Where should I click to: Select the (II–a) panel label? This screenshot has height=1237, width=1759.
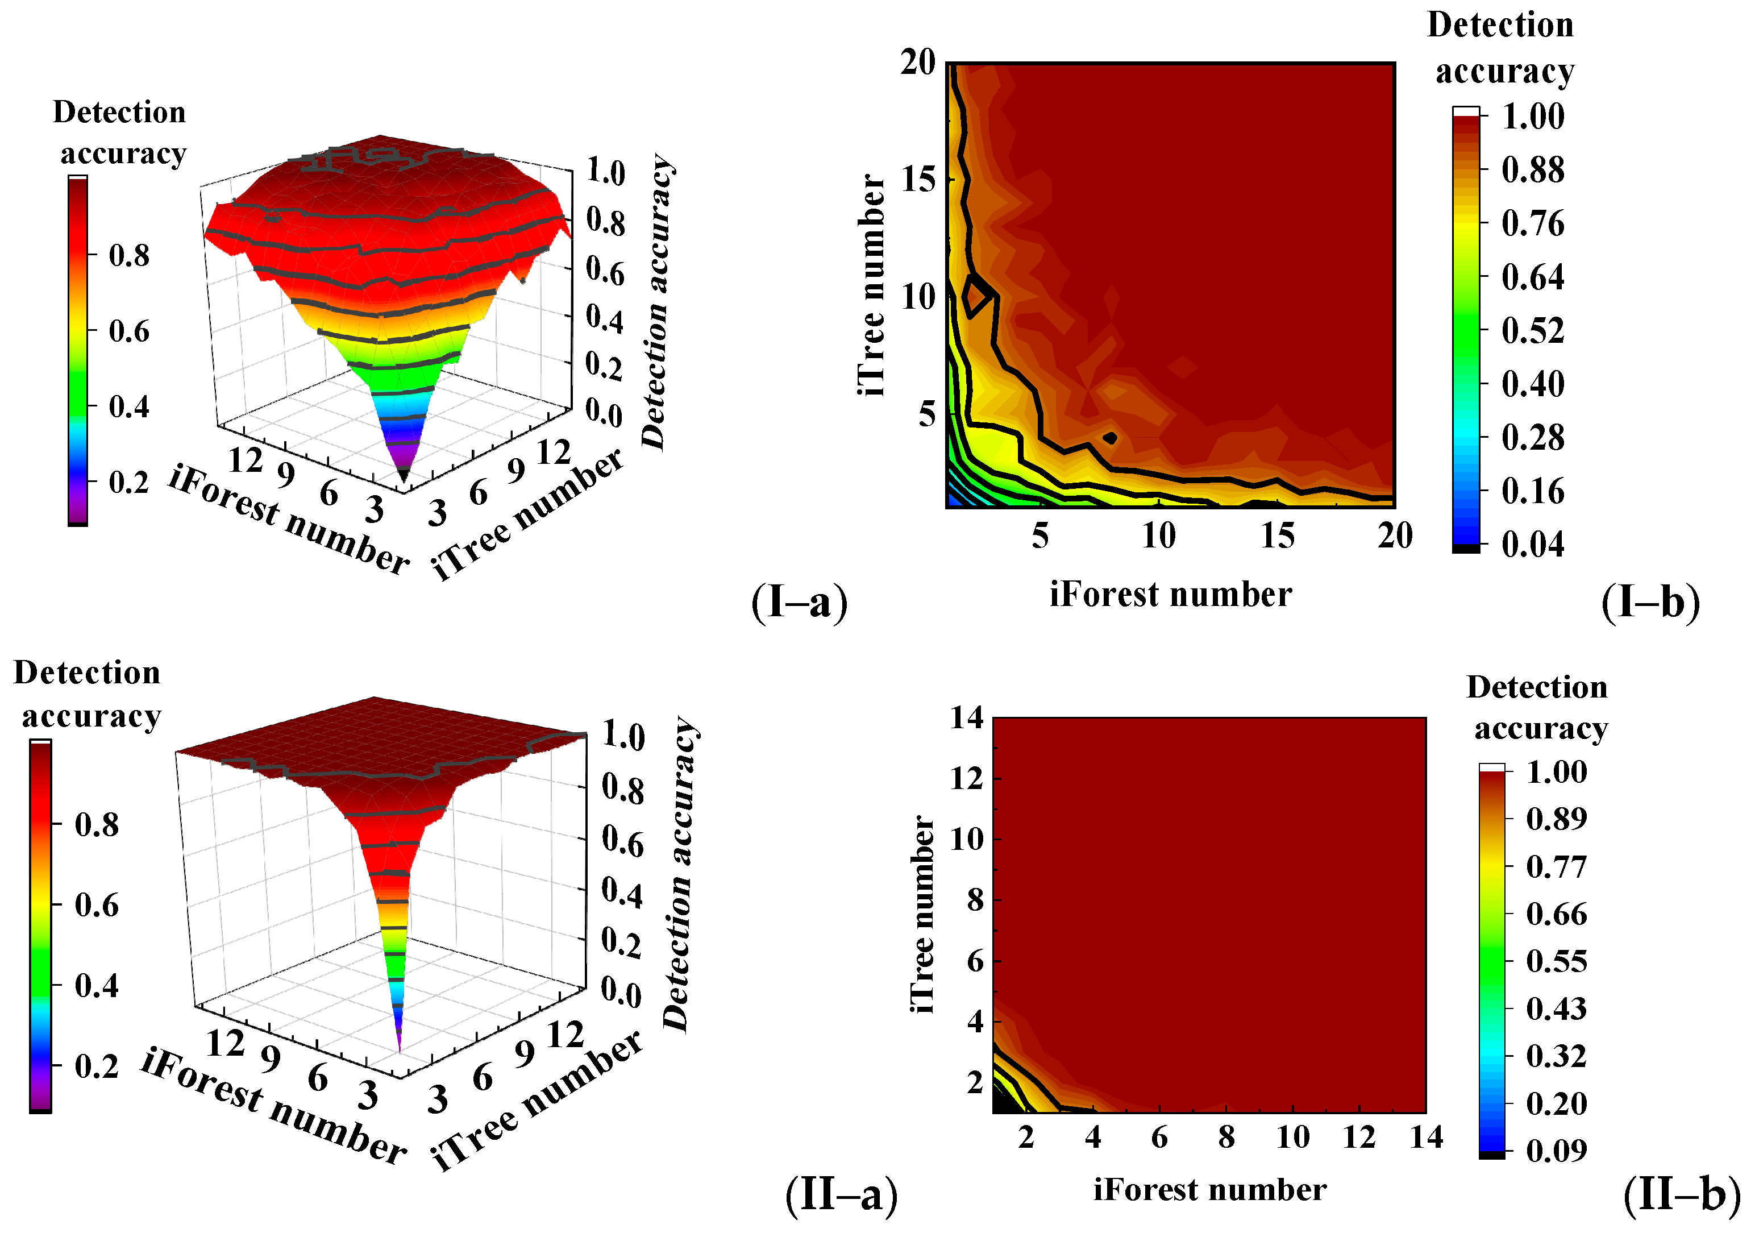click(x=841, y=1194)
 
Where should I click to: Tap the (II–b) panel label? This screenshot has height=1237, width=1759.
click(x=1682, y=1194)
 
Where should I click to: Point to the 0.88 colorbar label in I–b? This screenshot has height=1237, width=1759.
click(x=1532, y=169)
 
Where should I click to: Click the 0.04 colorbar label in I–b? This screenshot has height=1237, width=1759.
click(x=1532, y=544)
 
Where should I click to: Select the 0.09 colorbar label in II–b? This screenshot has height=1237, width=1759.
click(x=1556, y=1149)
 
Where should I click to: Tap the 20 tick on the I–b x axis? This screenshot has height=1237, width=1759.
click(x=1394, y=535)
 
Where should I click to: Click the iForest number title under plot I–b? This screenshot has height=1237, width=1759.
click(x=1170, y=595)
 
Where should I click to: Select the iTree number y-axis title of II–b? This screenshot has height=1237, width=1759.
click(x=922, y=914)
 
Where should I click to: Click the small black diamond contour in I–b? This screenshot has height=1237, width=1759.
click(x=1110, y=438)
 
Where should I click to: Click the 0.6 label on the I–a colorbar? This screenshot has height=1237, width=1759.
click(x=128, y=331)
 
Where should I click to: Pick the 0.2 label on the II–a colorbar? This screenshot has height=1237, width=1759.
click(x=97, y=1066)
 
